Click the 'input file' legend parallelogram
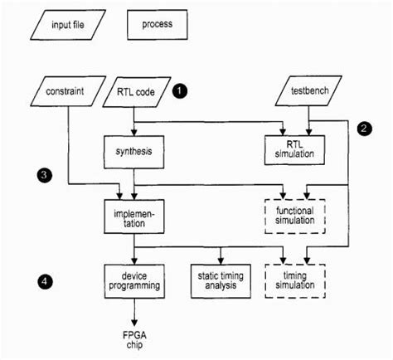tap(69, 24)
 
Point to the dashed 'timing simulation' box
tap(291, 279)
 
